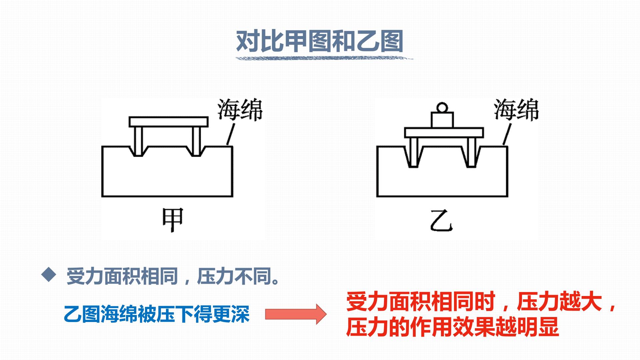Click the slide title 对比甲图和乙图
tap(320, 41)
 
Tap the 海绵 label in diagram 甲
tap(240, 110)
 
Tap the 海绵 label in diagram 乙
tap(516, 110)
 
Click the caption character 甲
tap(173, 220)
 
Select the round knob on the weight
tap(442, 108)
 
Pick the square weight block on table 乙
tap(442, 120)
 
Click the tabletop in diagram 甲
tap(169, 122)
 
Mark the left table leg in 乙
tap(414, 152)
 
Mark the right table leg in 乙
tap(471, 152)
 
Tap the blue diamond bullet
tap(49, 274)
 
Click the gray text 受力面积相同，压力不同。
tap(173, 276)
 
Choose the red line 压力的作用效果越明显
tap(452, 327)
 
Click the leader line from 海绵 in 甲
tap(231, 134)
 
